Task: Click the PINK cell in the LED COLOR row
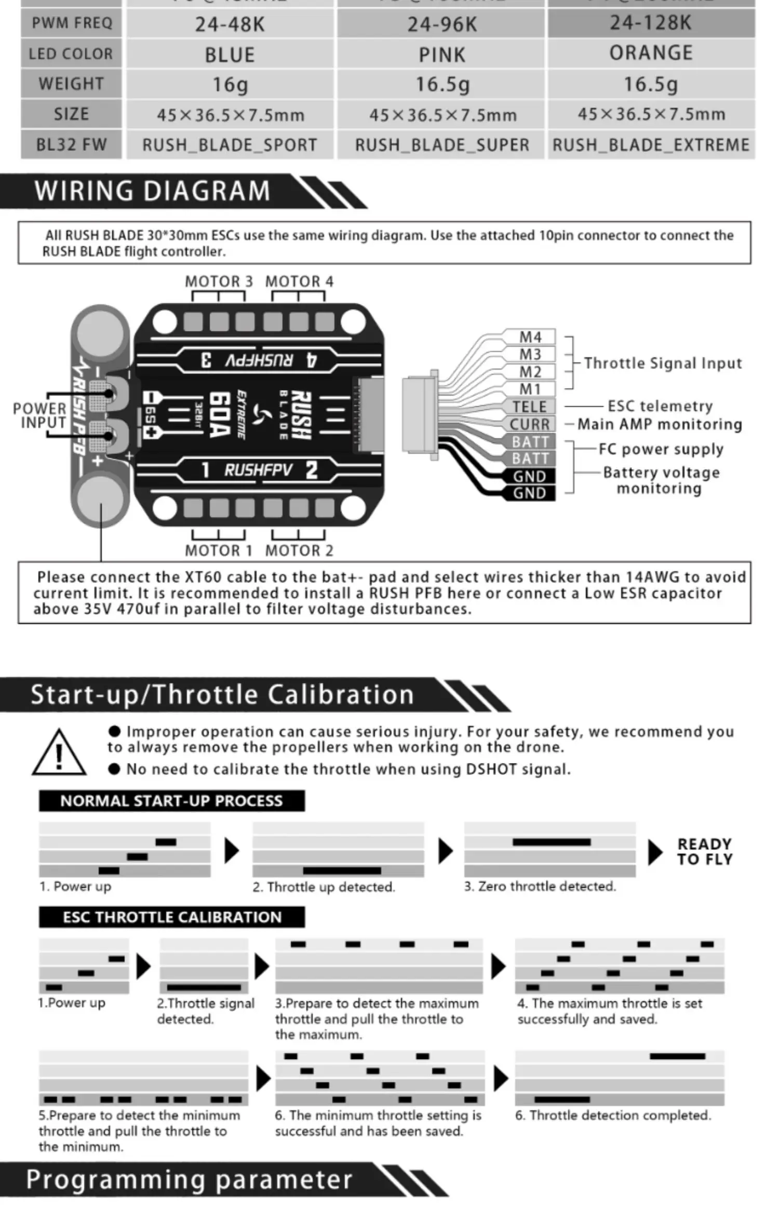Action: pos(442,55)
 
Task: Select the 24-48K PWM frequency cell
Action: pos(230,24)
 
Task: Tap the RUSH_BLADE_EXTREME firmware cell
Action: pos(651,144)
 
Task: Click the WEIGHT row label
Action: pos(71,84)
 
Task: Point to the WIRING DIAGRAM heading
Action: pos(152,191)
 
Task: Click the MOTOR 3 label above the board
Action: pos(219,282)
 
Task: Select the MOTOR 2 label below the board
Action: pos(299,550)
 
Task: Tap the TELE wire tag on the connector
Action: pos(529,406)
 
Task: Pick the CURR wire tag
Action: pos(529,424)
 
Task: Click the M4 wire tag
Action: pos(530,337)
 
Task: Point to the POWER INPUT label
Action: pos(39,416)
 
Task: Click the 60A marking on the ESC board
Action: pos(219,414)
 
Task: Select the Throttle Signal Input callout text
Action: pos(663,363)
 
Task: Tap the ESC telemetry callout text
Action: pos(660,406)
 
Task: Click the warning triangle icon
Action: pos(59,754)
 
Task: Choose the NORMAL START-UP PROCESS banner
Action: pos(171,800)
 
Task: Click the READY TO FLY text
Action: pos(704,851)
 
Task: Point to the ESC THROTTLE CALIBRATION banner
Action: pos(171,917)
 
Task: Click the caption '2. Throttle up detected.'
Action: pos(324,887)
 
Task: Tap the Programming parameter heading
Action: pos(189,1180)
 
